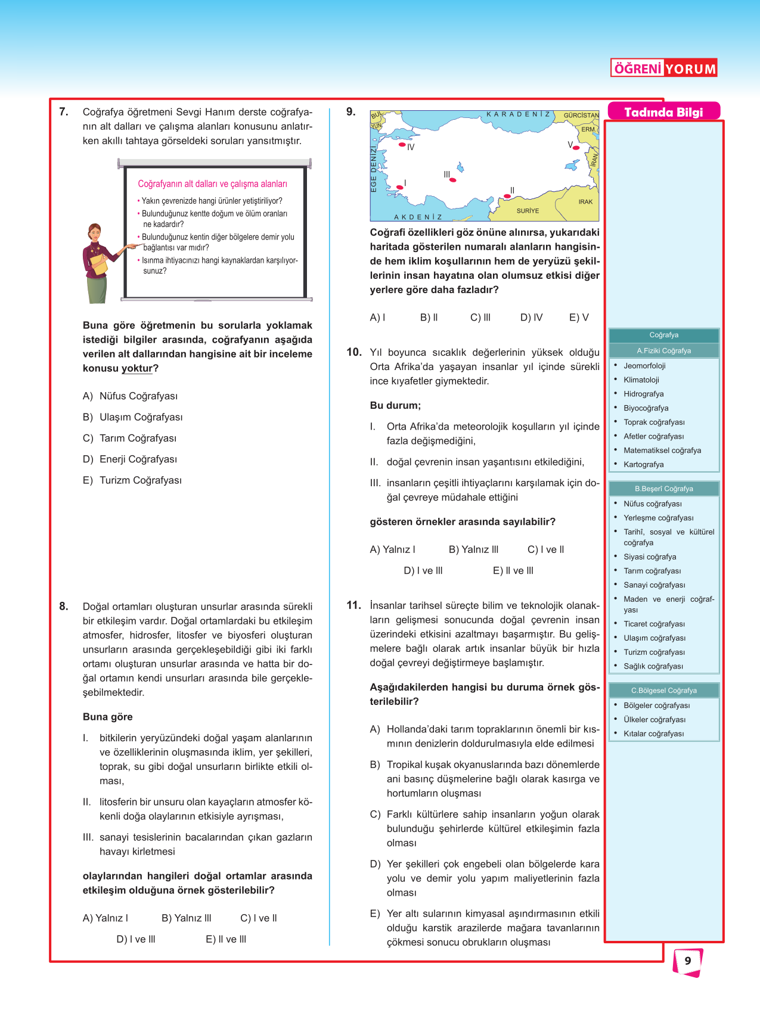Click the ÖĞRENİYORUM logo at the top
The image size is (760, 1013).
pyautogui.click(x=664, y=69)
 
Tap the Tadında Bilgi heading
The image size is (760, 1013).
pyautogui.click(x=663, y=112)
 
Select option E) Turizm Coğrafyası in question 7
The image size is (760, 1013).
pyautogui.click(x=132, y=480)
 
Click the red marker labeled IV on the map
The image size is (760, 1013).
pyautogui.click(x=402, y=145)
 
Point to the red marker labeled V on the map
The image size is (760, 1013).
pyautogui.click(x=576, y=148)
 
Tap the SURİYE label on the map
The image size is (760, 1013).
pyautogui.click(x=528, y=211)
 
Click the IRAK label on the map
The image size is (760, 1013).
pyautogui.click(x=585, y=202)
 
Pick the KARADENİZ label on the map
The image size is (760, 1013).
pyautogui.click(x=518, y=114)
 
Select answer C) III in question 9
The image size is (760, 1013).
pyautogui.click(x=480, y=318)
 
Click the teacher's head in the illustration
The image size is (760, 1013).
pyautogui.click(x=94, y=232)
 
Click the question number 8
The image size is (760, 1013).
pyautogui.click(x=64, y=607)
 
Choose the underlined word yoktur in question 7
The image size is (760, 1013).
pyautogui.click(x=137, y=368)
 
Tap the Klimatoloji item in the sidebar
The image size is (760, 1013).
pyautogui.click(x=641, y=380)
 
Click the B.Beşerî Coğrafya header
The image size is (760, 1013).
pyautogui.click(x=663, y=489)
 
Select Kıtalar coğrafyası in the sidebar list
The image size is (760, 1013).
pyautogui.click(x=653, y=734)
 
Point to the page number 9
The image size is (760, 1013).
pyautogui.click(x=688, y=961)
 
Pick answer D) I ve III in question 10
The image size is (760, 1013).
pyautogui.click(x=423, y=570)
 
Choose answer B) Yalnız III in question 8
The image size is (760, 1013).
pyautogui.click(x=187, y=918)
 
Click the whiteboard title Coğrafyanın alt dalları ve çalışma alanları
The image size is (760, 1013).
pyautogui.click(x=212, y=184)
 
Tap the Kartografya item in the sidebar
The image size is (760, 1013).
pyautogui.click(x=643, y=464)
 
